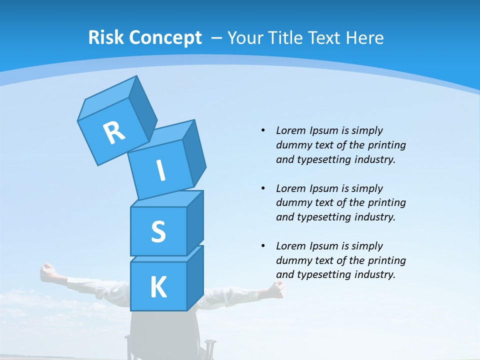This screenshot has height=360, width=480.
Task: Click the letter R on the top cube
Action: pyautogui.click(x=114, y=132)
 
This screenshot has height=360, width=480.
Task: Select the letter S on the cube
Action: pyautogui.click(x=158, y=231)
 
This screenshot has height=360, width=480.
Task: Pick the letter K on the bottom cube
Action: pyautogui.click(x=158, y=287)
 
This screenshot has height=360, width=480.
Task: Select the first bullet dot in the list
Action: pyautogui.click(x=263, y=130)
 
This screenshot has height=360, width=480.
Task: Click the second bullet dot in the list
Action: pyautogui.click(x=263, y=188)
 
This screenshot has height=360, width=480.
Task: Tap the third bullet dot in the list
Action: pyautogui.click(x=263, y=246)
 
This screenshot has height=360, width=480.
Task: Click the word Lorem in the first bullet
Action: pyautogui.click(x=290, y=130)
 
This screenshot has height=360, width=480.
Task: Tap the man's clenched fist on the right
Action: pyautogui.click(x=277, y=288)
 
